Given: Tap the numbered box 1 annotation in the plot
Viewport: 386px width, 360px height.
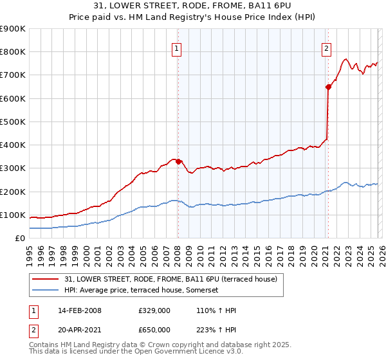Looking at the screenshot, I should [177, 47].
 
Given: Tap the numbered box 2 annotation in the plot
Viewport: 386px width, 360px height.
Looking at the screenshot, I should [327, 47].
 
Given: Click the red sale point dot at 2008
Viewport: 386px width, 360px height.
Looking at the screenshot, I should [178, 161].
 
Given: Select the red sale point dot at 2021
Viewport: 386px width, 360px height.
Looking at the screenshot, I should [328, 87].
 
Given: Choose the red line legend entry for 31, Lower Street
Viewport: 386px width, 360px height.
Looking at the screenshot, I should [170, 279].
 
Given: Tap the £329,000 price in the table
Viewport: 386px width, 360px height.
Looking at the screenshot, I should [154, 310].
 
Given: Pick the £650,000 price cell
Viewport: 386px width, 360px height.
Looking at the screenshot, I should [154, 329].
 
